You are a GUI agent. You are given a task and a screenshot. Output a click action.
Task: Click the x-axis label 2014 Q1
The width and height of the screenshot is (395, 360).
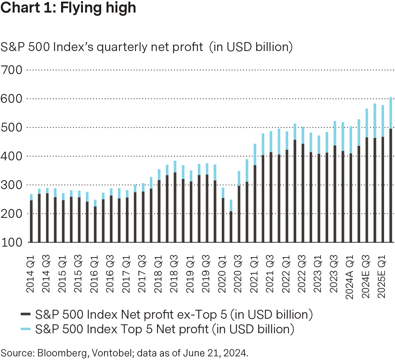pos(31,268)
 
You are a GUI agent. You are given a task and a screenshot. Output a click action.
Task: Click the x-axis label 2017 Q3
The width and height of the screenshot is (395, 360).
pos(142,268)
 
